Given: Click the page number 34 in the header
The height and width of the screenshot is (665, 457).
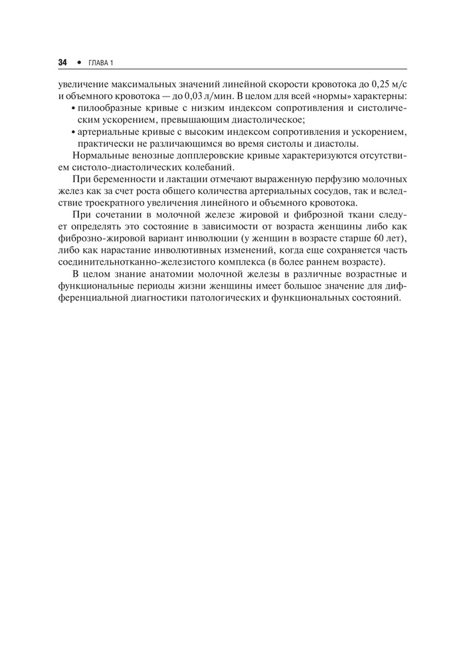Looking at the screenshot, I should point(63,62).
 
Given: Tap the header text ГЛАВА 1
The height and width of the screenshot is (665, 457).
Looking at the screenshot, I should point(102,63).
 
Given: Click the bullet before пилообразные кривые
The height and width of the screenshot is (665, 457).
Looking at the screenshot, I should point(72,108).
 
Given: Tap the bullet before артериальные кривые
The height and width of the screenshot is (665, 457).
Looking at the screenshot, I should point(72,132).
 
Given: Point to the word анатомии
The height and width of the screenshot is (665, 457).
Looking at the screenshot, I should point(167,275).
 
